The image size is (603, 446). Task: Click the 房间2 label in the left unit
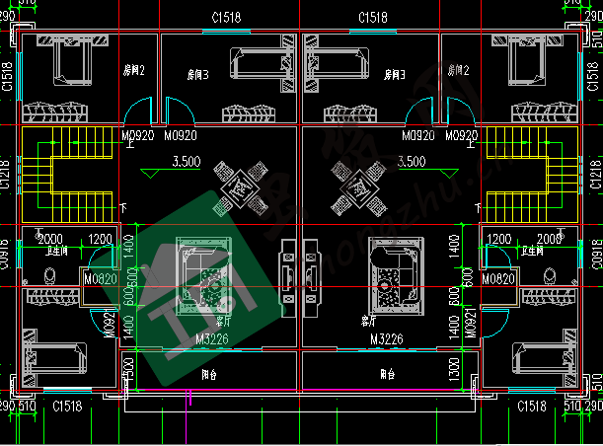click(x=134, y=71)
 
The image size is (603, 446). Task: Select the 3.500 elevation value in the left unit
click(x=187, y=161)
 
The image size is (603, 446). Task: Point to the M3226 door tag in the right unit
click(x=388, y=339)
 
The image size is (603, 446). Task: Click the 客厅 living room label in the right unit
click(x=368, y=322)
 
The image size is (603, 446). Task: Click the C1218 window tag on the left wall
click(x=7, y=174)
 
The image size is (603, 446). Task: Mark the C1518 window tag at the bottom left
click(x=67, y=407)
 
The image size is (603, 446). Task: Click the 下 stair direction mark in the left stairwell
click(x=122, y=207)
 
